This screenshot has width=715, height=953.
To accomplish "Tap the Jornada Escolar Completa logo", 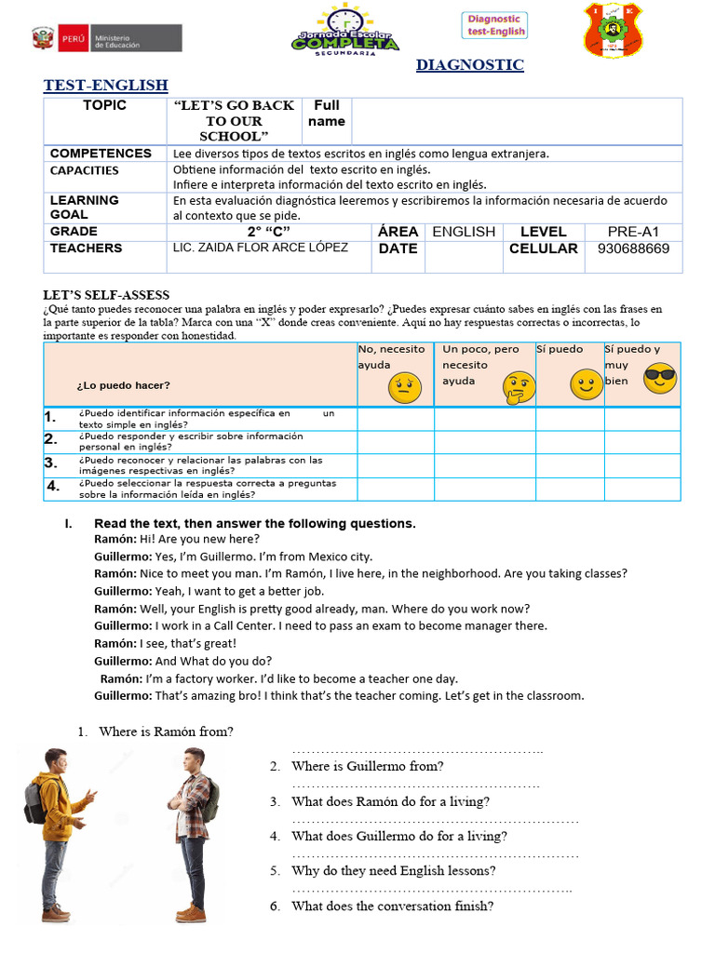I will (346, 31).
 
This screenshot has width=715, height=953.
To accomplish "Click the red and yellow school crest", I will (612, 30).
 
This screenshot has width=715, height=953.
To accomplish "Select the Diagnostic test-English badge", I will (495, 25).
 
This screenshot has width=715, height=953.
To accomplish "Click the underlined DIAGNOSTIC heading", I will (469, 65).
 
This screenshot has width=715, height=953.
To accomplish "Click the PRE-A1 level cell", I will (633, 231).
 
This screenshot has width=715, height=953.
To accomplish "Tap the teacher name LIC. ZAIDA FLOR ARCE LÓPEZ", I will (261, 248).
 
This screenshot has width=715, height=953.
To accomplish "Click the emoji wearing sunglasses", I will (659, 376).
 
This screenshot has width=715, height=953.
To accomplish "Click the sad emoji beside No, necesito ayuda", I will (402, 384).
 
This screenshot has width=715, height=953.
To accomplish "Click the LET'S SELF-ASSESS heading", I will (106, 295).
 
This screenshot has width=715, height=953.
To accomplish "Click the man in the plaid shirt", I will (195, 833).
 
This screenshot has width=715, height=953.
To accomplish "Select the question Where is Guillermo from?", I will (367, 766).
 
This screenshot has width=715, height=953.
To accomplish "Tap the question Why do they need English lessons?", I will (393, 871).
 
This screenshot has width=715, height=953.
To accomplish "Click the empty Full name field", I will (516, 121).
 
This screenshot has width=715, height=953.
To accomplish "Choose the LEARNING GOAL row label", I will (85, 207).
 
